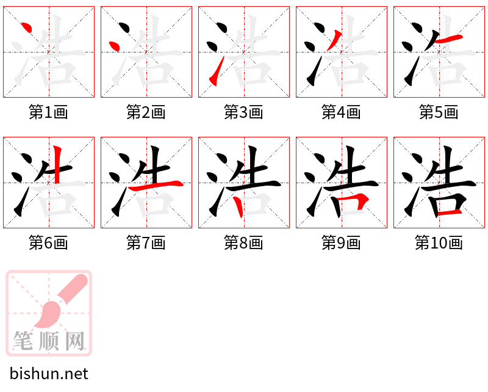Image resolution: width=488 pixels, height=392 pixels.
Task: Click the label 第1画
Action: click(48, 112)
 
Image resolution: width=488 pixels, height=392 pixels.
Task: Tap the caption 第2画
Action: click(146, 112)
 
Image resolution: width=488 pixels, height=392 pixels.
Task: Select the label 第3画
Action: click(243, 112)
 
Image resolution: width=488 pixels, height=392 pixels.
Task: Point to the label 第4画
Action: click(341, 112)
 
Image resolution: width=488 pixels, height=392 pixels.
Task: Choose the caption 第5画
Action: click(439, 112)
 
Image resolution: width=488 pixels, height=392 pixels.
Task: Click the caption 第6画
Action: click(48, 243)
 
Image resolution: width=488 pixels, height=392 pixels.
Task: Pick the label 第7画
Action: click(146, 243)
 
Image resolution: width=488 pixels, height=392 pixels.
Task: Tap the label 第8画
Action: click(243, 243)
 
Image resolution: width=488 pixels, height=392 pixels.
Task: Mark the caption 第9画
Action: click(341, 243)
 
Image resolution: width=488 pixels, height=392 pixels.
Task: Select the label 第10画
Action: click(439, 243)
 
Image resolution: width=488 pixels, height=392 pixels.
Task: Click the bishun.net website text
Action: click(49, 374)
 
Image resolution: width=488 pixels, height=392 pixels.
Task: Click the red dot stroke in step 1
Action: click(26, 27)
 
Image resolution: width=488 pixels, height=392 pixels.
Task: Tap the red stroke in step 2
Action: click(114, 46)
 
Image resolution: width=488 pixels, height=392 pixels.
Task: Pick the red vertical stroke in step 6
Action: click(57, 164)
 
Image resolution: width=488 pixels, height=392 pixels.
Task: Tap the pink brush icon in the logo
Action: click(61, 302)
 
